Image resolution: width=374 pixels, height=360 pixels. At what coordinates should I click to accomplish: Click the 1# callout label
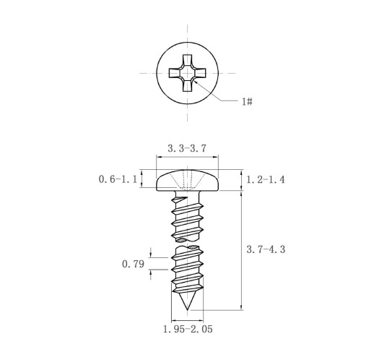point(247,101)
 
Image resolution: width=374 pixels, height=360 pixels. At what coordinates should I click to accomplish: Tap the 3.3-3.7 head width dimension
point(187,148)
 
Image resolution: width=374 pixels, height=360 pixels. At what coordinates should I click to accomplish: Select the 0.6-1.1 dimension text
point(118,179)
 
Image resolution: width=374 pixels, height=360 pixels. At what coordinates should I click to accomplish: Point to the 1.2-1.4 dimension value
point(266,179)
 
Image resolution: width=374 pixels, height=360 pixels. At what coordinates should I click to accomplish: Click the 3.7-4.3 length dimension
point(266,249)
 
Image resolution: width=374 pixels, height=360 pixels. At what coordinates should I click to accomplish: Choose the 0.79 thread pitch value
point(133,264)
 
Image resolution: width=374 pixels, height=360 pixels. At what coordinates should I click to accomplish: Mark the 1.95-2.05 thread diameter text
point(188,329)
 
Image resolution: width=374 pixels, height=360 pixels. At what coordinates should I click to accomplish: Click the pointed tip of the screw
point(187,309)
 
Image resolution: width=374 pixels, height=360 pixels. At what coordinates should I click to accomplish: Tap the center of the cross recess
point(187,73)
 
